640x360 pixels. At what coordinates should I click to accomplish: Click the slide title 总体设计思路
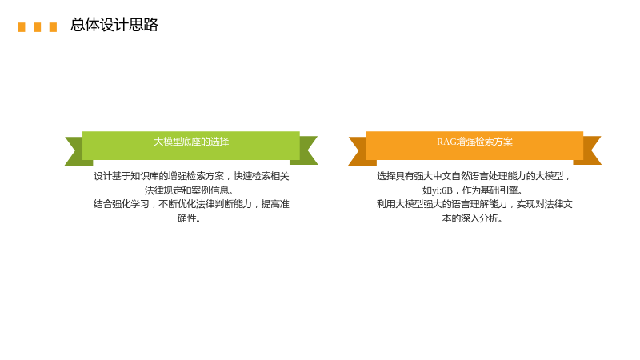114,25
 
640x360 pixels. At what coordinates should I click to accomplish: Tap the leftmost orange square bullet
22,27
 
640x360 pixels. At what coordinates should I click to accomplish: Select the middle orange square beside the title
37,27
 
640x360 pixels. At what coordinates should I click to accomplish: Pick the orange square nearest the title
53,27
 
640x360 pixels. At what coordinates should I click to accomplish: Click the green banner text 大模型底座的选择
191,142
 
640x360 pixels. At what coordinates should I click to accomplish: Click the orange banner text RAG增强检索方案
474,142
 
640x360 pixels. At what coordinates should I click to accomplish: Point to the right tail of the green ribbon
306,150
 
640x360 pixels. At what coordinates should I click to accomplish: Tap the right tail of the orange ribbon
590,150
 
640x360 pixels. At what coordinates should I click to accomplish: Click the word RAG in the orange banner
446,142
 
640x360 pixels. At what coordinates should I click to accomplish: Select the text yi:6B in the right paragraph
442,190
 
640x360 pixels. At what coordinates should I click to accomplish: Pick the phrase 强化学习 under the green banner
130,204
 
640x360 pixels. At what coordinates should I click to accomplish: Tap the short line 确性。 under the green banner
189,218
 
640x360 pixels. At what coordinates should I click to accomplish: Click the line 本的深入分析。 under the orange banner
472,218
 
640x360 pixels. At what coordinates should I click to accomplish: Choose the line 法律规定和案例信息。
190,190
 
